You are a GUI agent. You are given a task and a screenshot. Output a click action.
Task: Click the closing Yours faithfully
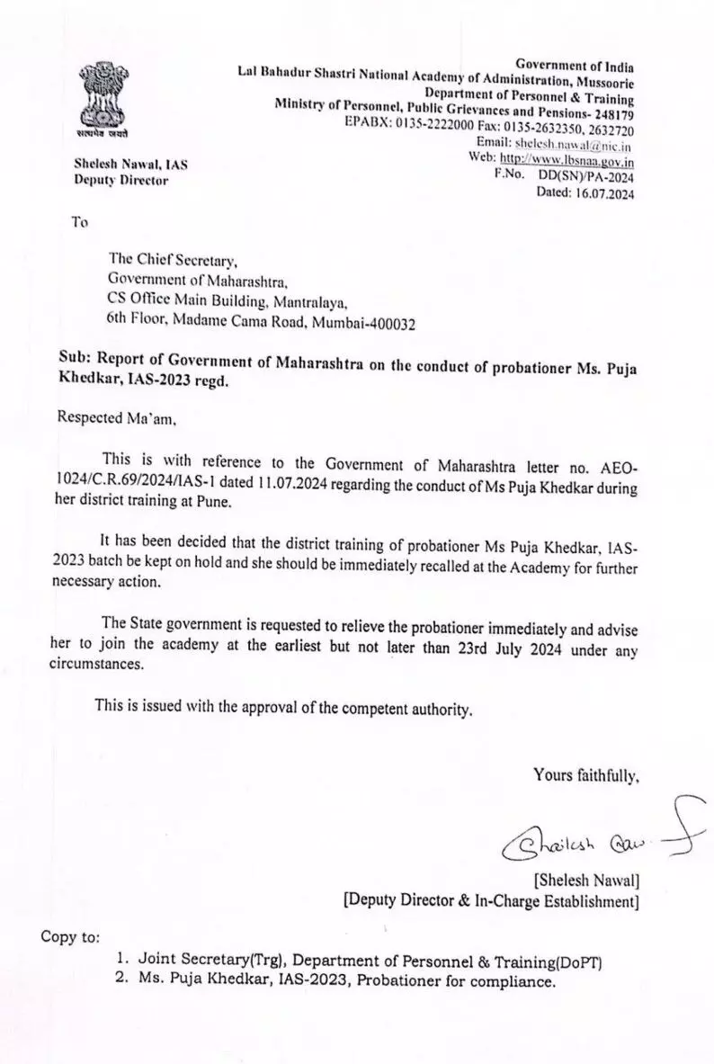(x=585, y=773)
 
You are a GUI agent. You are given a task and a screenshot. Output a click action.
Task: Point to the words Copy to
(x=71, y=936)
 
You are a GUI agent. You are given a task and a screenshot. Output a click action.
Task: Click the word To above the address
(x=79, y=222)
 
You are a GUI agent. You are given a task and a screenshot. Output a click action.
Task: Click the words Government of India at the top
(x=575, y=66)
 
